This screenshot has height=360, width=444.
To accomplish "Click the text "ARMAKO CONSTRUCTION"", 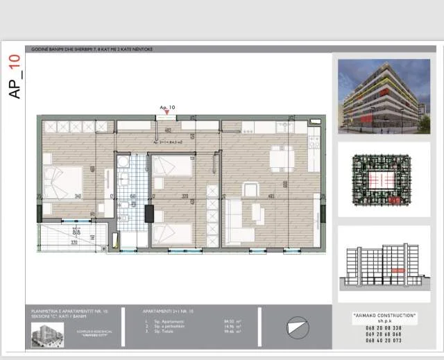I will click(384, 315).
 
